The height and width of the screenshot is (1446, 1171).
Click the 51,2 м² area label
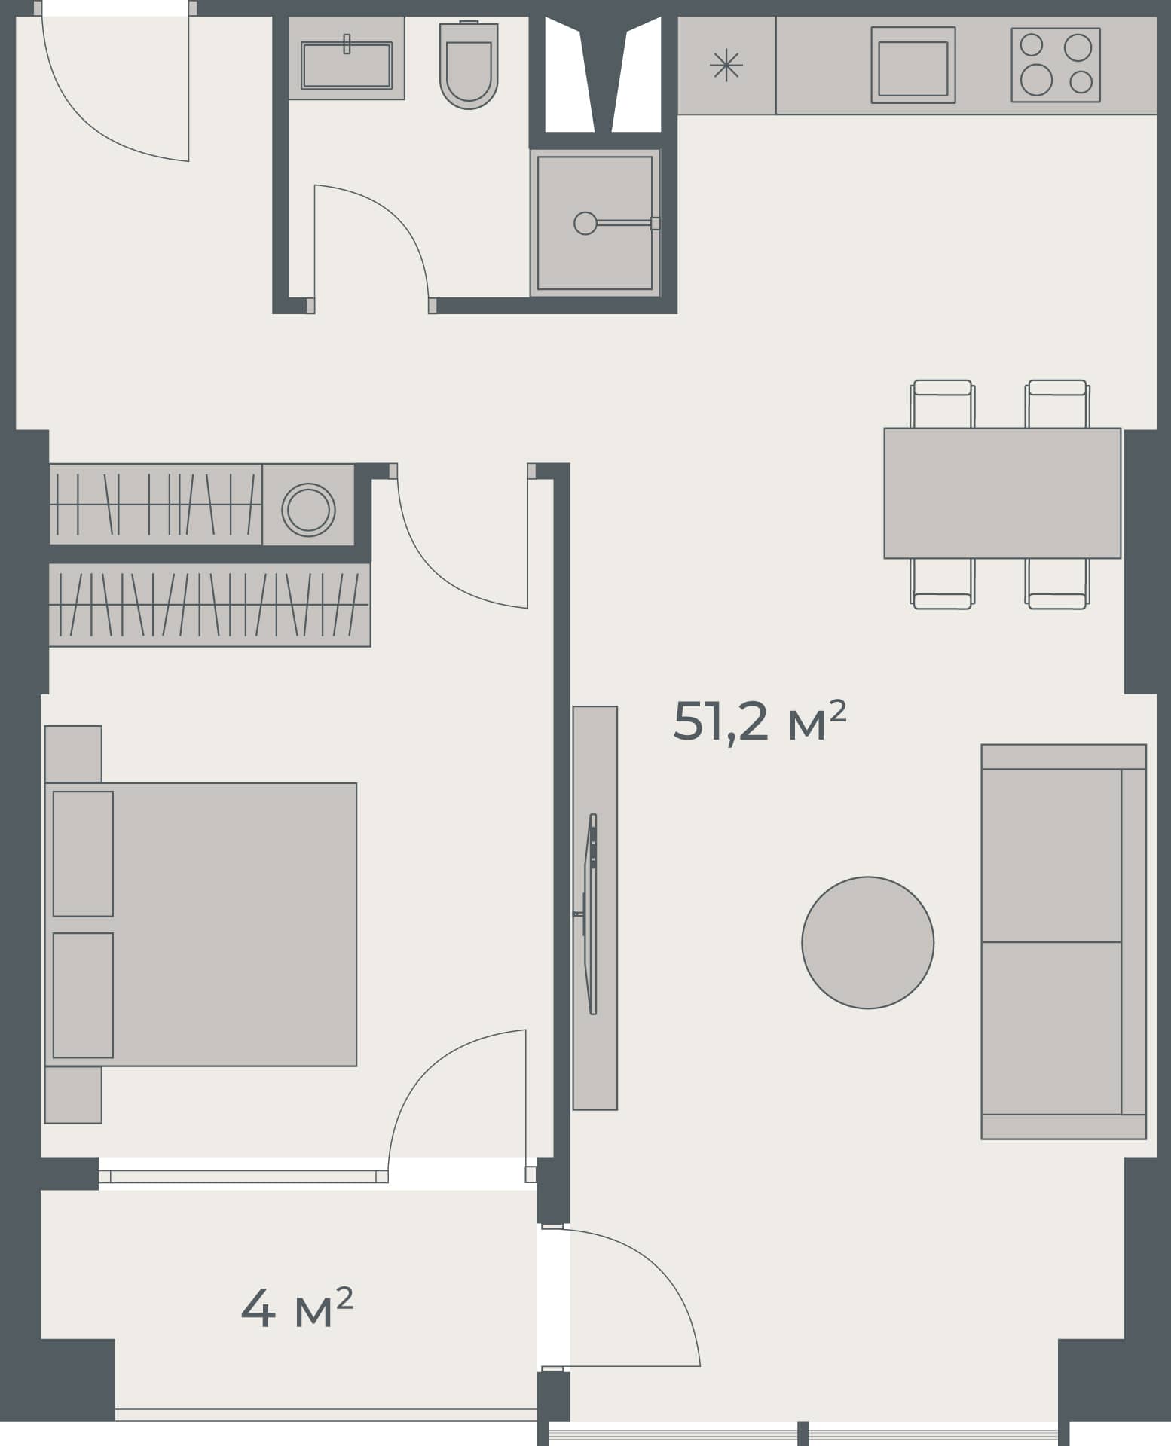point(759,721)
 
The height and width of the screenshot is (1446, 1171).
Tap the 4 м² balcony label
point(297,1308)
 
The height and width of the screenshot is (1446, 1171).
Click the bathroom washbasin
point(347,65)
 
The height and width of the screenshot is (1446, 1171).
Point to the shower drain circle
point(585,223)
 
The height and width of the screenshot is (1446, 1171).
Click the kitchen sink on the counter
point(913,66)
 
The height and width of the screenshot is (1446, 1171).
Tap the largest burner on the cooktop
point(1036,80)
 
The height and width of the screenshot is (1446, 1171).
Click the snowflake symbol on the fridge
point(726,66)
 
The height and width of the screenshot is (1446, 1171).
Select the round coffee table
point(867,942)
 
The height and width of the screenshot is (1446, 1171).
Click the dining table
point(1001,493)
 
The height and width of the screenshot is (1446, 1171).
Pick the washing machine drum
point(308,510)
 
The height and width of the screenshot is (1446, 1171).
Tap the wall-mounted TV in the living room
point(592,914)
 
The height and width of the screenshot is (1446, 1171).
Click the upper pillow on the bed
point(83,853)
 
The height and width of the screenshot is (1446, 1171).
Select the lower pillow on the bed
point(83,995)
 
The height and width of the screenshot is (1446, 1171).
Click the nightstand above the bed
point(73,753)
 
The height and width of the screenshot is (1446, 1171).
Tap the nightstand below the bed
point(73,1094)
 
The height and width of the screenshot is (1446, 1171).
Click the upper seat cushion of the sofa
point(1050,855)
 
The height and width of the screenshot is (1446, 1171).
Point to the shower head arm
point(623,223)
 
